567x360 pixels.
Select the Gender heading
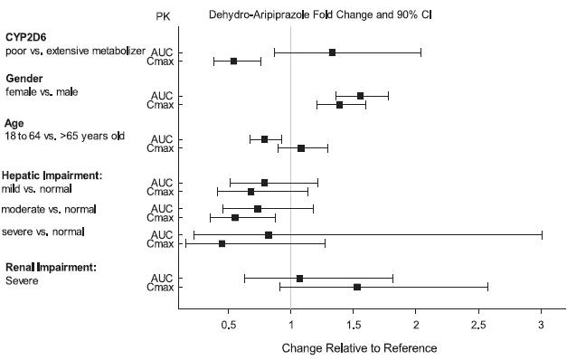pos(25,79)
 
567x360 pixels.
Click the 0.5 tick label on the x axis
pos(228,324)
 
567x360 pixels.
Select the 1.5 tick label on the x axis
pos(353,324)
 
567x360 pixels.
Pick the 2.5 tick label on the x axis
pos(478,324)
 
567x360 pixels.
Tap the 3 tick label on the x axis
pos(541,324)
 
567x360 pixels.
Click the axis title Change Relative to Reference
pos(359,348)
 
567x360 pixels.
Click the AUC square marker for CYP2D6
pos(333,52)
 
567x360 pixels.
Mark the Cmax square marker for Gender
pos(340,105)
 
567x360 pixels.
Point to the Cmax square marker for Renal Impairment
pos(357,287)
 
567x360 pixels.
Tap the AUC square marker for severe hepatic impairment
pos(269,235)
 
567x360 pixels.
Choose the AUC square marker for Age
pos(264,139)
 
